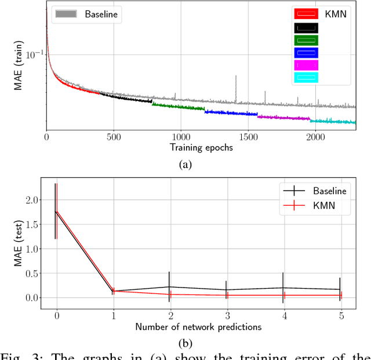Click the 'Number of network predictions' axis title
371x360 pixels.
point(198,327)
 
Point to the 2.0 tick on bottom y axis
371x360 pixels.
point(32,200)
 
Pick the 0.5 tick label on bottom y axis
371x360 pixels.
point(32,273)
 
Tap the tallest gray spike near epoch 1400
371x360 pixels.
point(236,77)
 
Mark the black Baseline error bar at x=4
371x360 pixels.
point(282,288)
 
